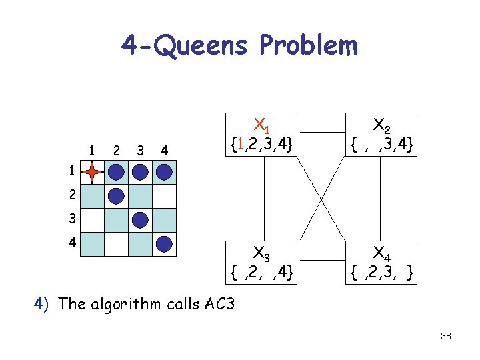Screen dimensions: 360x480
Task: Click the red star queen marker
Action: (93, 173)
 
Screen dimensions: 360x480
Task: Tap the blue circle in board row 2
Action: (116, 196)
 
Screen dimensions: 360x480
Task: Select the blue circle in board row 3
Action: (140, 219)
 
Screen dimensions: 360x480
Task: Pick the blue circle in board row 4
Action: (164, 243)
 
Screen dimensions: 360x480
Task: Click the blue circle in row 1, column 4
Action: (164, 173)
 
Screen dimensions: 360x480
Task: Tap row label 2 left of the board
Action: (71, 196)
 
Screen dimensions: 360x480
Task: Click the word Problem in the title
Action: (309, 47)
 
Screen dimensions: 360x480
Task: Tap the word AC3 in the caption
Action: (221, 305)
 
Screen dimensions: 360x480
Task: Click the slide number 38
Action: (446, 336)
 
